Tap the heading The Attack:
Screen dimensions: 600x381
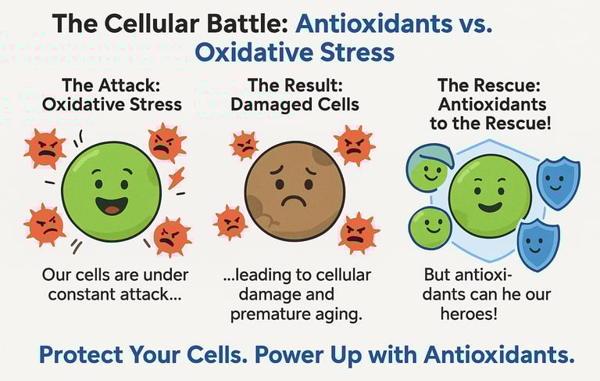click(111, 85)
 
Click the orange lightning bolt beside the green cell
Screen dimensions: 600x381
click(177, 178)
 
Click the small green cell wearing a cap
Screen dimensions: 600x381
click(430, 168)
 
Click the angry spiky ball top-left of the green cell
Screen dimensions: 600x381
click(45, 149)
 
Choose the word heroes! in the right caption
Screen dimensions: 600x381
click(469, 314)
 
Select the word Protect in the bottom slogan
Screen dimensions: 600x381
click(80, 354)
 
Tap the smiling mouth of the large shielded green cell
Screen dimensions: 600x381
click(490, 208)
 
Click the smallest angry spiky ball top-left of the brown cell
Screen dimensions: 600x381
click(244, 146)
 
